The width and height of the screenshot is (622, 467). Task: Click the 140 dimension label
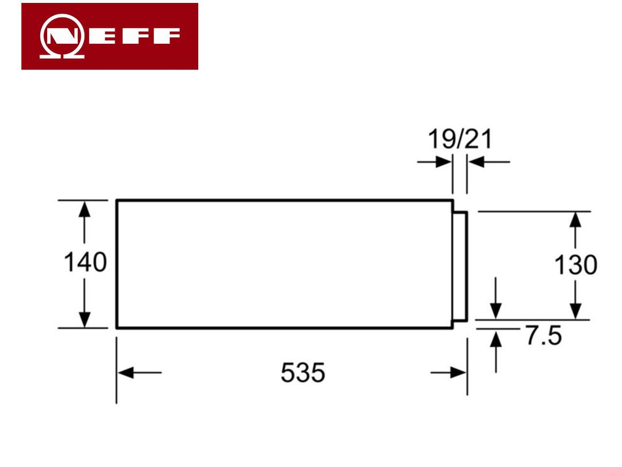coord(86,262)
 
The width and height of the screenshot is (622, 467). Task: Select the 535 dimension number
coord(303,372)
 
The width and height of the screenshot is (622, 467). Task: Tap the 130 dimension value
coord(575,265)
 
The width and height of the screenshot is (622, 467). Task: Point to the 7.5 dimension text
coord(544,336)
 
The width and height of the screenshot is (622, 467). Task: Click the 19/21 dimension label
coord(460,139)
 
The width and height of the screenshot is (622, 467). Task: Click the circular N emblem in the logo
coord(62,36)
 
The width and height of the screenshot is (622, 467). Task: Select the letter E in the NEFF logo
coord(102,36)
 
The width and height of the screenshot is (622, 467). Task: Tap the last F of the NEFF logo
coord(167,36)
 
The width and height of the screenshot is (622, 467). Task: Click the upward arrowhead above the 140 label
coord(85,209)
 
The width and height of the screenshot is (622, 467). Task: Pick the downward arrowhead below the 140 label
coord(85,320)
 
